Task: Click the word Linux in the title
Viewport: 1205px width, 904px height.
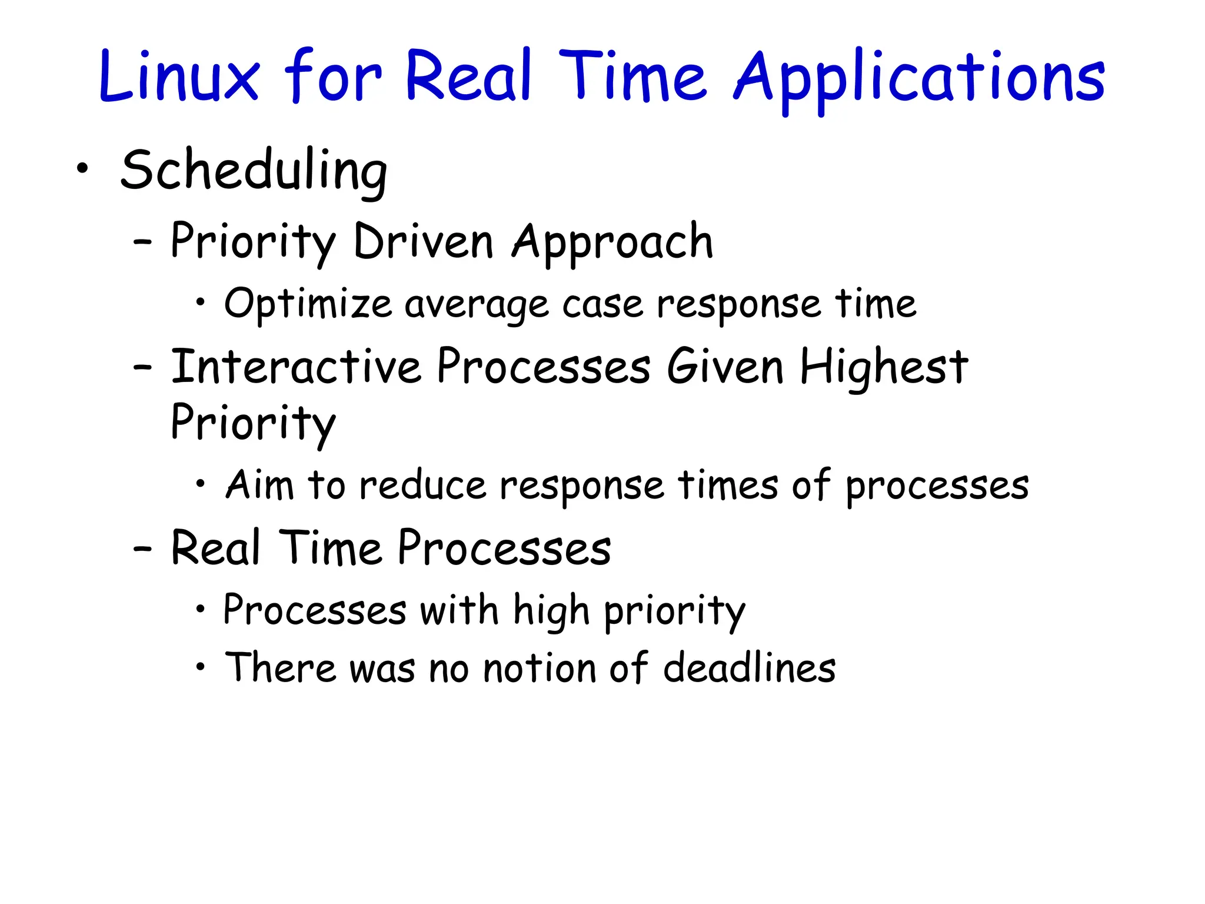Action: coord(179,77)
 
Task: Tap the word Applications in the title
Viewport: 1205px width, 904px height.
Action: coord(919,79)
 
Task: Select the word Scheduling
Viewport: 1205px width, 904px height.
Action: coord(254,171)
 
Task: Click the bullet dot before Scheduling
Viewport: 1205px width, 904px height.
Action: coord(82,169)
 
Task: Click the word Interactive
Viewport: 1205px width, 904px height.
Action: coord(296,367)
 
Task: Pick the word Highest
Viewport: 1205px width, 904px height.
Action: coord(884,367)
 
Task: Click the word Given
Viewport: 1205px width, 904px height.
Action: coord(725,367)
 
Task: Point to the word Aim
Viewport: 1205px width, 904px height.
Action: coord(259,486)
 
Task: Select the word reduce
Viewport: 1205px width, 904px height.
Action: coord(422,486)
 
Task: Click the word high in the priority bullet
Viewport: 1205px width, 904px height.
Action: coord(551,611)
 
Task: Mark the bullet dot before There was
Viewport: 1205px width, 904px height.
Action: coord(201,667)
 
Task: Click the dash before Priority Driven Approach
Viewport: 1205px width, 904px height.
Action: coord(142,242)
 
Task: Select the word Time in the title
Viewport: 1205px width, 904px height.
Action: coord(633,77)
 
